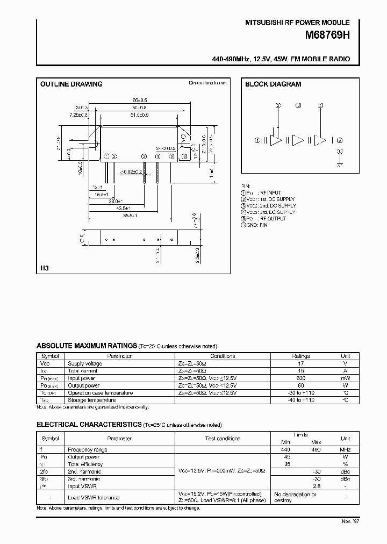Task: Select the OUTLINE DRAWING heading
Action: pyautogui.click(x=71, y=84)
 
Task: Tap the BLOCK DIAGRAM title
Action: pyautogui.click(x=273, y=84)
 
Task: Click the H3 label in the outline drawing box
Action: pyautogui.click(x=45, y=268)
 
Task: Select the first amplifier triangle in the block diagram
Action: pyautogui.click(x=276, y=141)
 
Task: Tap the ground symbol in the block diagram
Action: pyautogui.click(x=339, y=164)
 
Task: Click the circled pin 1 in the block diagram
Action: pyautogui.click(x=258, y=141)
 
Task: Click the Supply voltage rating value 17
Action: pyautogui.click(x=300, y=363)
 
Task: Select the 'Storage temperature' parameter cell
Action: pyautogui.click(x=91, y=400)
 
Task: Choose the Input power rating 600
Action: pyautogui.click(x=300, y=378)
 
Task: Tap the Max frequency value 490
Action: pyautogui.click(x=316, y=449)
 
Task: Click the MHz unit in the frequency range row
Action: pyautogui.click(x=345, y=449)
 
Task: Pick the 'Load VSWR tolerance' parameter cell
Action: pyautogui.click(x=93, y=497)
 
